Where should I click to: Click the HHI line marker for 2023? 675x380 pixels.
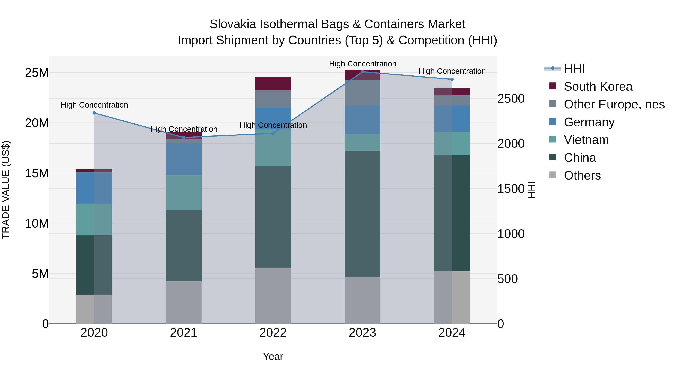(362, 72)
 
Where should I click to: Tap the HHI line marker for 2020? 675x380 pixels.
(94, 113)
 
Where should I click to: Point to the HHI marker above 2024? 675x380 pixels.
(452, 79)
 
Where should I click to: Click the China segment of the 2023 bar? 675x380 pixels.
(362, 214)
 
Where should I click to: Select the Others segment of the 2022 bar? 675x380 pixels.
(273, 296)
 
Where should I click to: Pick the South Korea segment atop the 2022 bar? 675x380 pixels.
(273, 84)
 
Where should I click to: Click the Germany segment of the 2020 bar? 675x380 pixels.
(94, 188)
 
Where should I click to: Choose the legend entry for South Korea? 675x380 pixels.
(598, 87)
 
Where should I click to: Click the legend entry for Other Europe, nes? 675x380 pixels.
(614, 104)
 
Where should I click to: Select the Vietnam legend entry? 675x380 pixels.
(586, 140)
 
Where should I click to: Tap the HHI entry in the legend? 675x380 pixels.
(574, 69)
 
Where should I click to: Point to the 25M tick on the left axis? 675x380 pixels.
(37, 73)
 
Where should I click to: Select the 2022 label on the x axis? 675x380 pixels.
(273, 333)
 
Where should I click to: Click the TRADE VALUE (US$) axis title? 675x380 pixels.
(6, 190)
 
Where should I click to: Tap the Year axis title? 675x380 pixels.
(273, 356)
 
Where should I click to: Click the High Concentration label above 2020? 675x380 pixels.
(94, 105)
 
